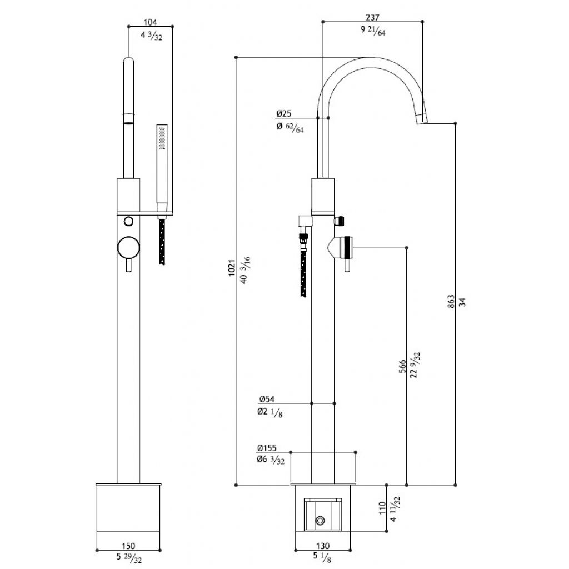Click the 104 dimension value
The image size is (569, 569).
150,22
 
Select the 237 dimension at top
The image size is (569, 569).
372,17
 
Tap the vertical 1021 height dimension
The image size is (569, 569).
232,268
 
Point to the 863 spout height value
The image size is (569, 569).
451,302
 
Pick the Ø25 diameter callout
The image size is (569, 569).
284,113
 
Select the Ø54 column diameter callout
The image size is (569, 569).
267,399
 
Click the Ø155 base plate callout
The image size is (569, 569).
267,448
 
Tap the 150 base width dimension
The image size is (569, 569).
128,546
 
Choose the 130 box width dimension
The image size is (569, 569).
323,546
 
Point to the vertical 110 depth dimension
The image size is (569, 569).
382,508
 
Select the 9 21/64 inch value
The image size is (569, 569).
373,31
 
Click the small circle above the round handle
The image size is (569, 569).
128,221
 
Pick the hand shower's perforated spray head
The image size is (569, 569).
162,138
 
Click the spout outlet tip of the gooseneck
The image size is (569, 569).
422,119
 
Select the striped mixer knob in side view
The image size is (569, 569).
348,247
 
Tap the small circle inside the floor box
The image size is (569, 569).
320,521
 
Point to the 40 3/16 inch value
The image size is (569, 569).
245,270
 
